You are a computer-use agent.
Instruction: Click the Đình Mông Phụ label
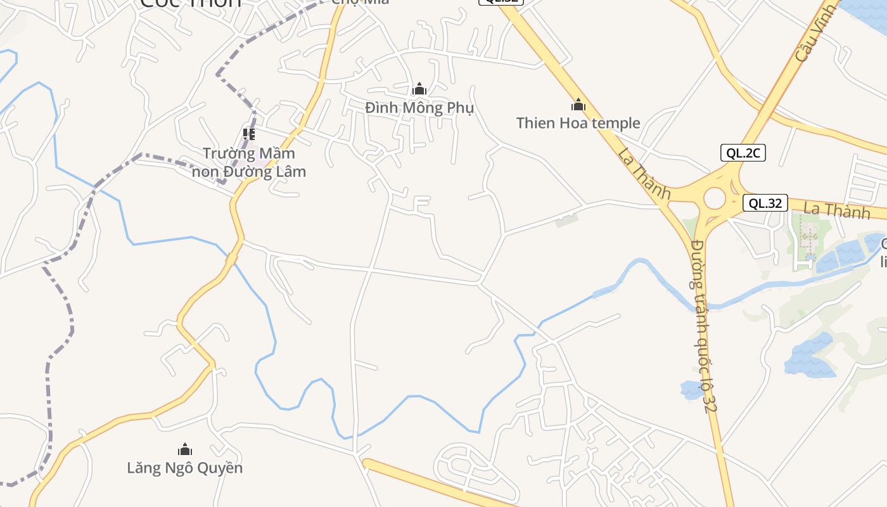(x=419, y=108)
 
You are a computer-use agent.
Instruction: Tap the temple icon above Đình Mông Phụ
(x=419, y=89)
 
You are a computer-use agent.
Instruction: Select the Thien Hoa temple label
(x=578, y=123)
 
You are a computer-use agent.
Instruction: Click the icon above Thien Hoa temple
(x=578, y=105)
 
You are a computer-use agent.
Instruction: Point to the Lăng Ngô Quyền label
(x=185, y=468)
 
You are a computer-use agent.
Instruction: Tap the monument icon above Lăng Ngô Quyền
(x=185, y=450)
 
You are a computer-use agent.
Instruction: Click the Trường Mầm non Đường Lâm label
(x=249, y=162)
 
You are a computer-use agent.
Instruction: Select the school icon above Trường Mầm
(x=249, y=134)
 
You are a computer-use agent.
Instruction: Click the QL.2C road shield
(x=743, y=153)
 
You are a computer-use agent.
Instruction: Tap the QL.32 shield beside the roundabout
(x=765, y=203)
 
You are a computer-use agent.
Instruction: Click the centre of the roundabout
(x=714, y=198)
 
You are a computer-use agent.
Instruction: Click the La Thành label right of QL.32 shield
(x=836, y=210)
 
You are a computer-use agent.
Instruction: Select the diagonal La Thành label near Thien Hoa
(x=644, y=173)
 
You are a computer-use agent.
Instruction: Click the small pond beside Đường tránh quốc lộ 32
(x=691, y=390)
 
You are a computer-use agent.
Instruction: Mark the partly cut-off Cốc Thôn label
(x=190, y=3)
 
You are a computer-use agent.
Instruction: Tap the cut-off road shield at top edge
(x=501, y=2)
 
